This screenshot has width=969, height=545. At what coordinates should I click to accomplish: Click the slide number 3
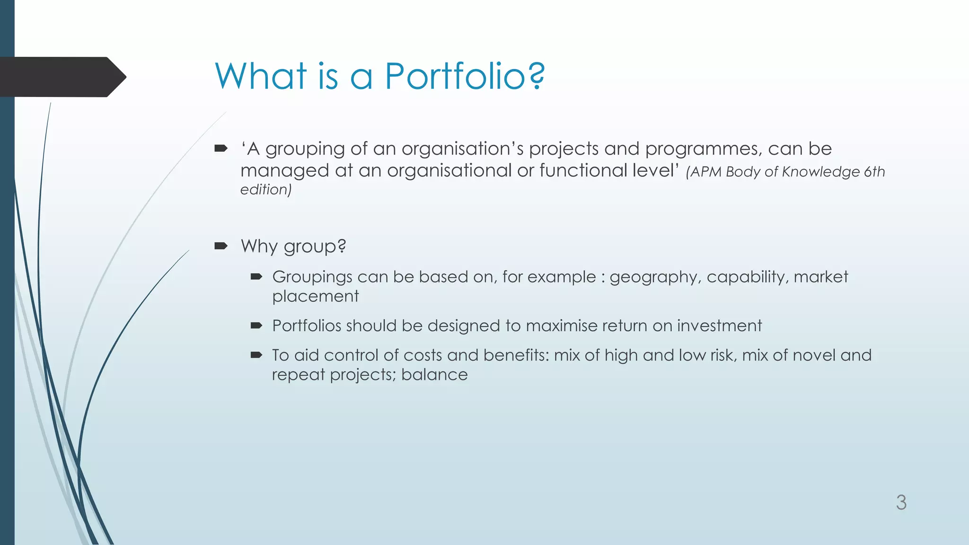pyautogui.click(x=901, y=502)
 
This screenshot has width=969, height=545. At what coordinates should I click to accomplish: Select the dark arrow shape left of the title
pyautogui.click(x=62, y=77)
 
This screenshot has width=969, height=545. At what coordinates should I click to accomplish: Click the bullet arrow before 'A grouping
pyautogui.click(x=221, y=149)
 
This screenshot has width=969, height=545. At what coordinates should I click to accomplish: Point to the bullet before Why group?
pyautogui.click(x=221, y=246)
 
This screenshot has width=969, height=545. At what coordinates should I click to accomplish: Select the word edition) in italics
pyautogui.click(x=266, y=190)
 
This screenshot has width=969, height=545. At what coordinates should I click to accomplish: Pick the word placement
pyautogui.click(x=315, y=297)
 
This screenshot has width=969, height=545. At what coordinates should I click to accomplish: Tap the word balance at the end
pyautogui.click(x=434, y=375)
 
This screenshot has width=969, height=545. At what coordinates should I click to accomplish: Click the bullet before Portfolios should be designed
pyautogui.click(x=256, y=325)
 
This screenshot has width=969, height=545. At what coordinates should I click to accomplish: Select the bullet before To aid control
pyautogui.click(x=256, y=355)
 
